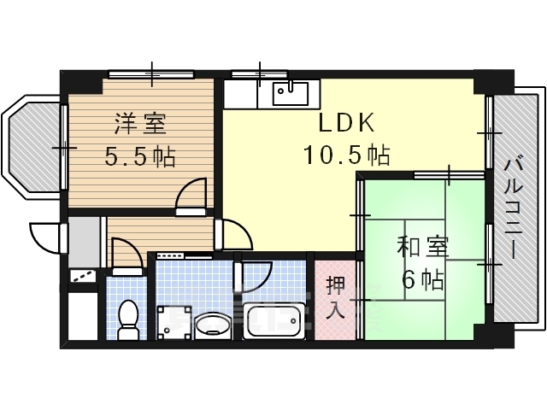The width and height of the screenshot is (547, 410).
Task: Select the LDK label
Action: point(346,125)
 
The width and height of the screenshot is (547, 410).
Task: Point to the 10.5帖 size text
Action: point(346,155)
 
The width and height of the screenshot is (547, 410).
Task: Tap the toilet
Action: point(128,316)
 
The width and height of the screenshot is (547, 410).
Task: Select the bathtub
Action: point(273,321)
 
